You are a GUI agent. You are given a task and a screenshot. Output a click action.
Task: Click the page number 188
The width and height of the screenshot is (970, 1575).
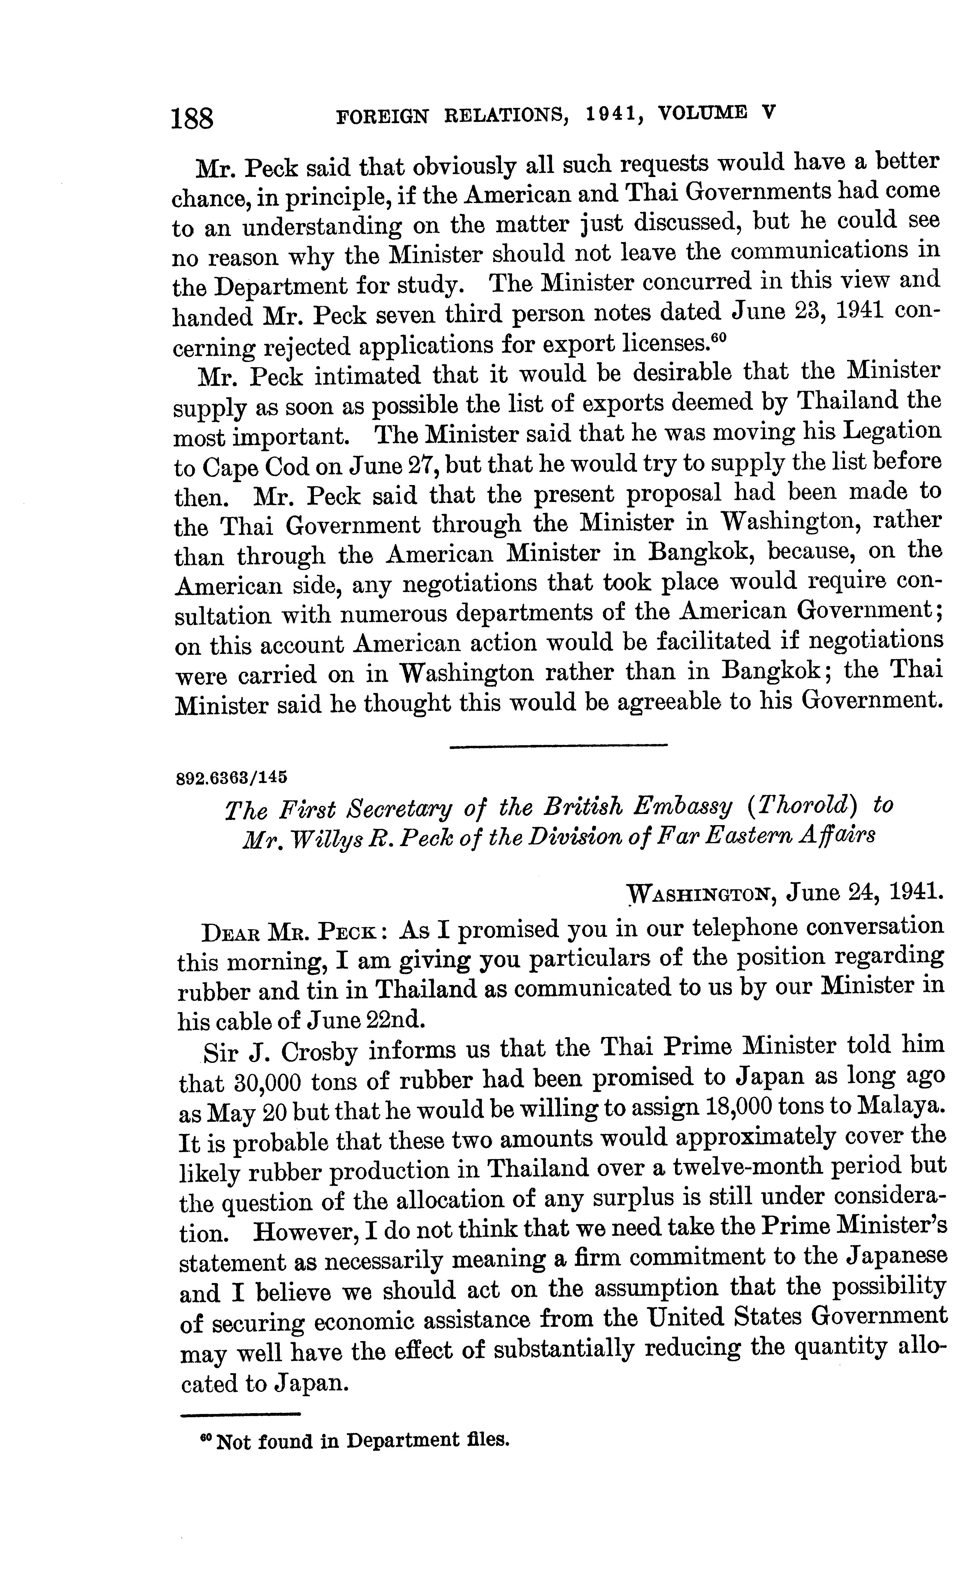192,119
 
